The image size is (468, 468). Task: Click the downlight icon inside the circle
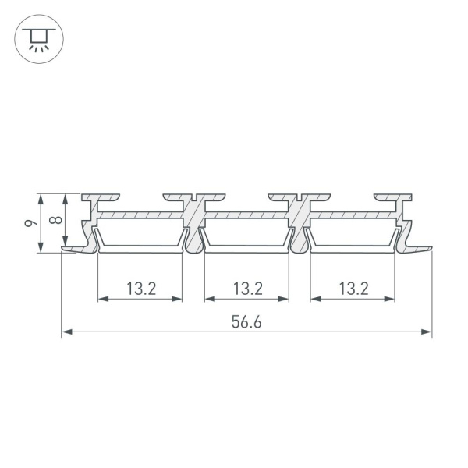tap(36, 37)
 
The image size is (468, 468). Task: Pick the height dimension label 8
tap(55, 220)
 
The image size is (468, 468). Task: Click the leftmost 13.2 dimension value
tap(141, 289)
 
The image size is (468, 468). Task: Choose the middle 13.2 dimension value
tap(247, 289)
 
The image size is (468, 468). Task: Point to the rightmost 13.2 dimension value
tap(353, 289)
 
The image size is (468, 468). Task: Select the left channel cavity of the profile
tap(140, 232)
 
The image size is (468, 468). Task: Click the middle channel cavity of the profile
tap(246, 232)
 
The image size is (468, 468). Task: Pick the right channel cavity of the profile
tap(352, 232)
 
